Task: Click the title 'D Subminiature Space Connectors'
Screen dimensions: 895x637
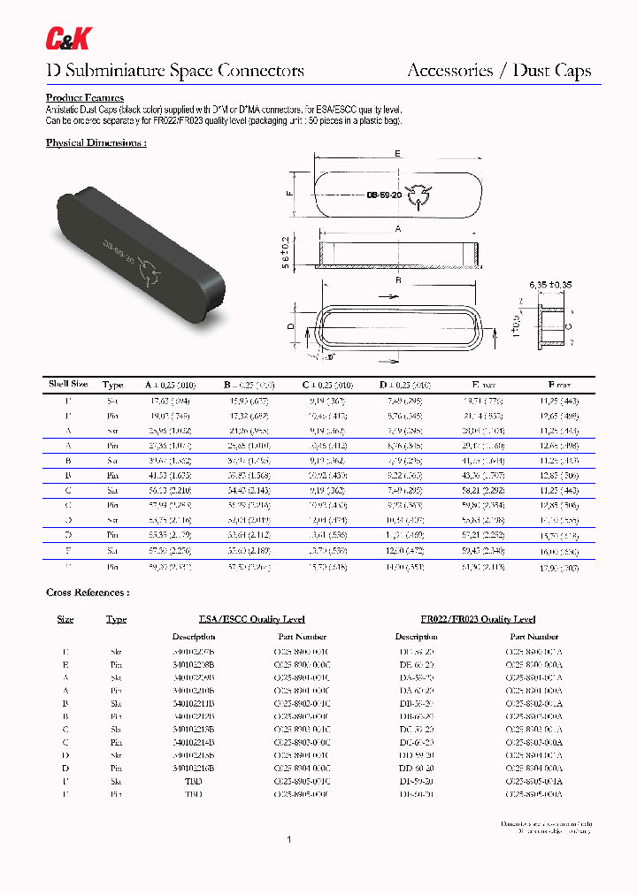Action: pyautogui.click(x=174, y=71)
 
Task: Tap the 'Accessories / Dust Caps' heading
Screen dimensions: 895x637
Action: pyautogui.click(x=499, y=71)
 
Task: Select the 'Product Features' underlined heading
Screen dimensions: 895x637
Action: pyautogui.click(x=85, y=97)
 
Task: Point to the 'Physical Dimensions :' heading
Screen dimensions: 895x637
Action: pyautogui.click(x=96, y=142)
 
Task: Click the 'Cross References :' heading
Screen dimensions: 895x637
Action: pyautogui.click(x=88, y=592)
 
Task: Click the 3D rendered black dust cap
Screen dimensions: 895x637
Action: pyautogui.click(x=142, y=249)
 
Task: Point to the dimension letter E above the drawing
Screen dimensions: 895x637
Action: pyautogui.click(x=397, y=153)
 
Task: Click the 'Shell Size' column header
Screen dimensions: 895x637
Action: pyautogui.click(x=67, y=385)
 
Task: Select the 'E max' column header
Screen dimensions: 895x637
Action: pyautogui.click(x=486, y=385)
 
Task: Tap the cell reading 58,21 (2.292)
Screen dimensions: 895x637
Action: pyautogui.click(x=485, y=491)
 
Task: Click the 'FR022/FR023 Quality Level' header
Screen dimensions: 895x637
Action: pyautogui.click(x=479, y=619)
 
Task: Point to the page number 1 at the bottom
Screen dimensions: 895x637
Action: pyautogui.click(x=289, y=839)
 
